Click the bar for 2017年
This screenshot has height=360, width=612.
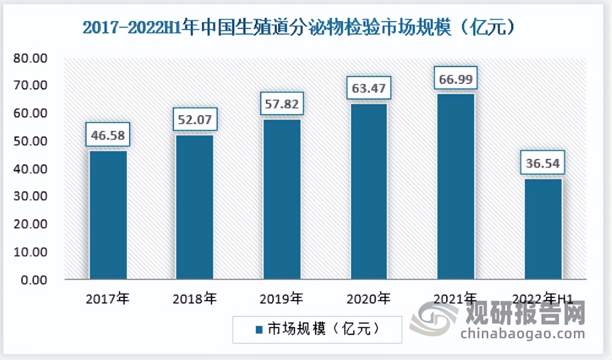click(x=108, y=215)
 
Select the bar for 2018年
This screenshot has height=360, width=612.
click(x=194, y=207)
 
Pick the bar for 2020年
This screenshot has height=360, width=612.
click(x=369, y=191)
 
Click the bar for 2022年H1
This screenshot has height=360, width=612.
click(x=543, y=229)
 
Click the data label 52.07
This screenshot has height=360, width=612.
click(x=194, y=120)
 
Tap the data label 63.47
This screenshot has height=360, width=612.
click(x=369, y=88)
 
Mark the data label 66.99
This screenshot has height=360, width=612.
click(x=456, y=79)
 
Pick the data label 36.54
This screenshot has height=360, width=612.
click(x=543, y=164)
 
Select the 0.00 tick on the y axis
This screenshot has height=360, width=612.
click(x=33, y=280)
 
